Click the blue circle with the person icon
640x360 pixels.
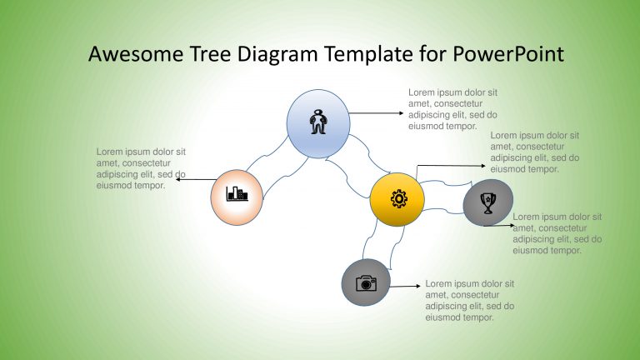point(317,123)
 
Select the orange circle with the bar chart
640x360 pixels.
point(237,197)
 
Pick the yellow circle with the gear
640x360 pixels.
point(397,199)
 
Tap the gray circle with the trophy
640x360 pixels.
point(488,202)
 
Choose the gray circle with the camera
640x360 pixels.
point(367,282)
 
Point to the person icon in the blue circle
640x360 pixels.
point(317,122)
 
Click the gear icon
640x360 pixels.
point(399,199)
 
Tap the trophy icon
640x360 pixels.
point(489,202)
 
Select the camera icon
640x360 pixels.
point(367,283)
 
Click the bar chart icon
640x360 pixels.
point(237,195)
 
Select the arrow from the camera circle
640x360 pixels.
point(405,287)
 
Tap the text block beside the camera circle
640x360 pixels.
point(469,300)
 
